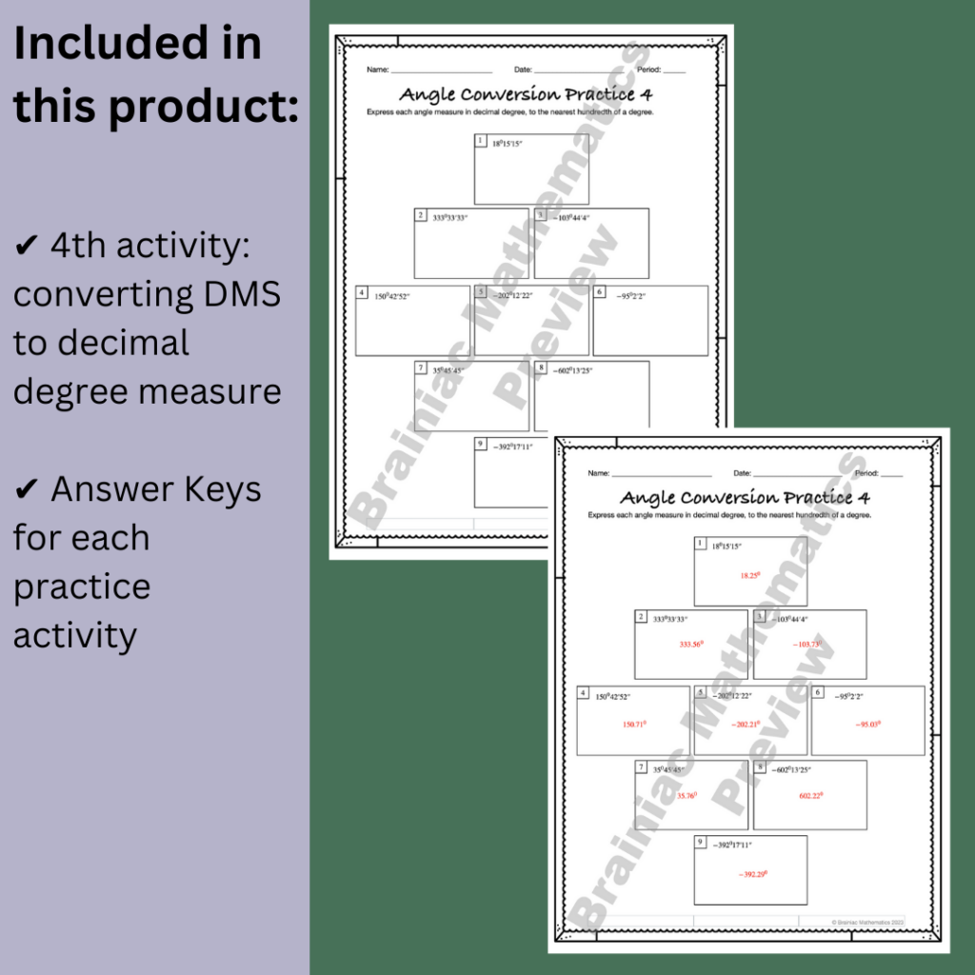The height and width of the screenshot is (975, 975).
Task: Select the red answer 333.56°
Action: (x=691, y=645)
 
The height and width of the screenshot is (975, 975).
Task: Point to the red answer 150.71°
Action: (x=634, y=725)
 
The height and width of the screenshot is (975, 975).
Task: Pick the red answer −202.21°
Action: (x=748, y=725)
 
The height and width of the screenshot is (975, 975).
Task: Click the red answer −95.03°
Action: (x=867, y=725)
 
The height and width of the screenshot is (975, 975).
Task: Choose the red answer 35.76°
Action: (x=686, y=796)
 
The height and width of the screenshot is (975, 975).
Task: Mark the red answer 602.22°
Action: (x=811, y=795)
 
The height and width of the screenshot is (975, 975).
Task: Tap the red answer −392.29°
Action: (x=752, y=874)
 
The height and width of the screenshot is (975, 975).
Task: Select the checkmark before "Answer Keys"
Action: (x=26, y=490)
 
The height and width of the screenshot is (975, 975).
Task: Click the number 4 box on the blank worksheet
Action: (x=362, y=292)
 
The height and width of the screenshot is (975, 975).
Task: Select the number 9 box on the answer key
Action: (x=701, y=843)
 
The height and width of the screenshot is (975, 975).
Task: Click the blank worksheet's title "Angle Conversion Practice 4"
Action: (x=526, y=94)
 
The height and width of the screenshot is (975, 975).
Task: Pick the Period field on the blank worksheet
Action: (x=661, y=70)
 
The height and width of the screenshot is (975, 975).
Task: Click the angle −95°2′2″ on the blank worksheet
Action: (x=630, y=295)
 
